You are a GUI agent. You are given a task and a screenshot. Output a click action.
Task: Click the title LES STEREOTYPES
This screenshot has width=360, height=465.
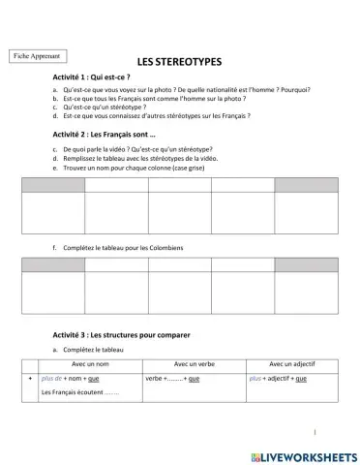[x=179, y=60]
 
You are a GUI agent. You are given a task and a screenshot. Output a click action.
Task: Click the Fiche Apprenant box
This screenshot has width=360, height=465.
[x=38, y=56]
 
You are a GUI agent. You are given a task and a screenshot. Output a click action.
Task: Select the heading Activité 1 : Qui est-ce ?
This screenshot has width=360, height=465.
[x=92, y=76]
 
